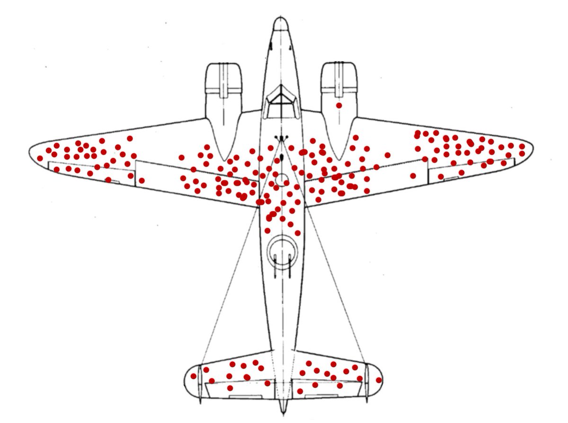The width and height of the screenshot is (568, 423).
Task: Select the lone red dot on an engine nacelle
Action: click(x=339, y=105)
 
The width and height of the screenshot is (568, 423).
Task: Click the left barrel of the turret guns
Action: click(x=276, y=265)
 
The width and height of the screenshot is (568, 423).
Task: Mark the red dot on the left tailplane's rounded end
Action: click(x=193, y=376)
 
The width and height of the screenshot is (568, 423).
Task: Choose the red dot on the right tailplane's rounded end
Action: click(x=378, y=380)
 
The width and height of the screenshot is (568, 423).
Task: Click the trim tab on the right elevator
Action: click(x=321, y=396)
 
